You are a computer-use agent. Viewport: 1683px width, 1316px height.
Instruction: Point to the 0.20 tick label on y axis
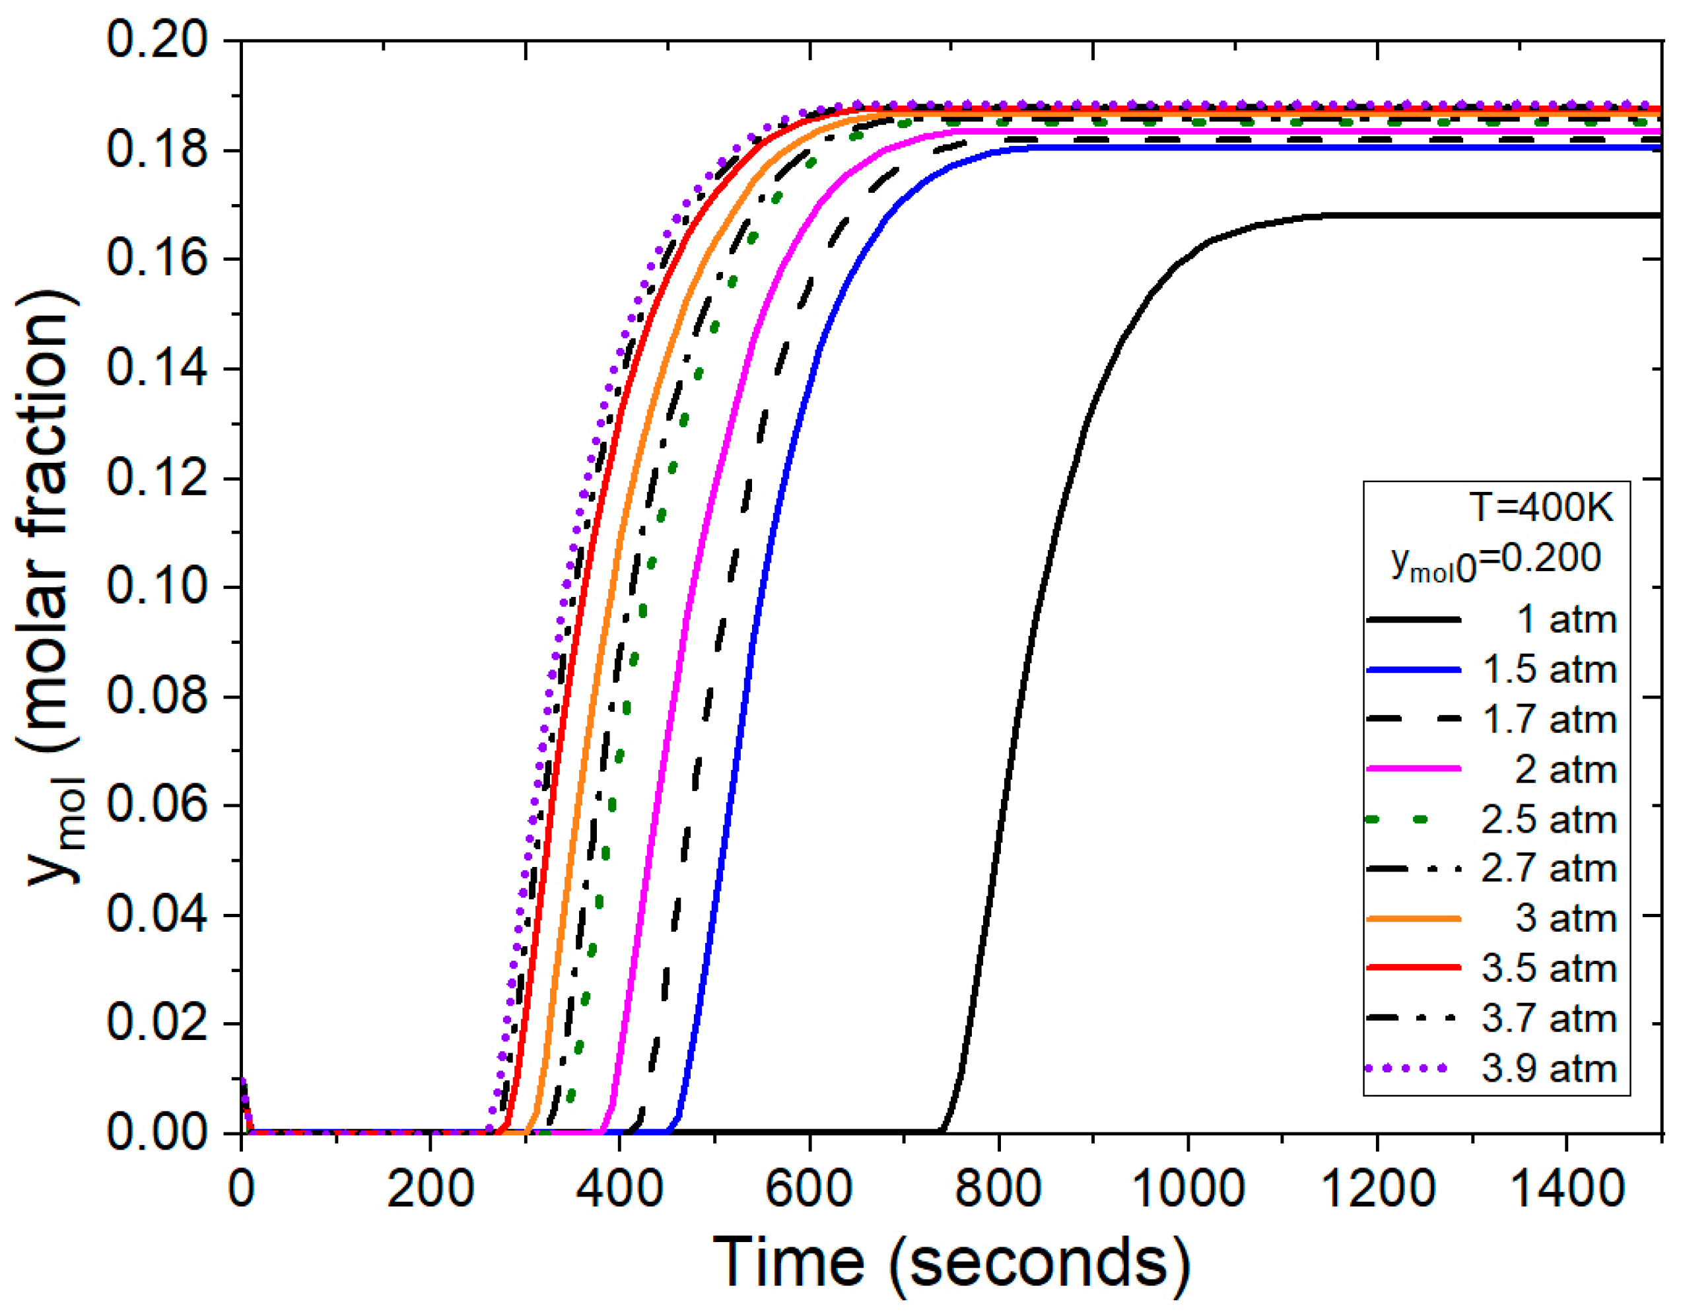click(x=157, y=40)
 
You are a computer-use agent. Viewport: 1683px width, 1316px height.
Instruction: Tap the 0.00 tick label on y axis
click(x=157, y=1132)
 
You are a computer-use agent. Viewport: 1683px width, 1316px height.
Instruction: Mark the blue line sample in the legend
click(x=1414, y=670)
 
